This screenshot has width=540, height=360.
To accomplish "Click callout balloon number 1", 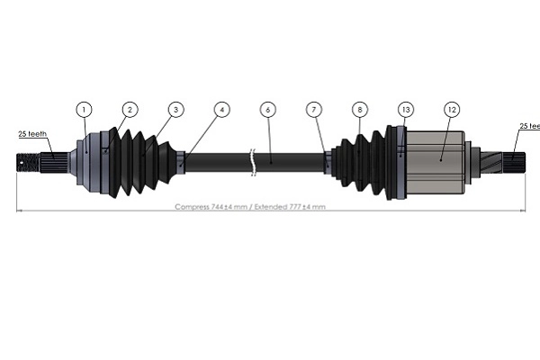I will pyautogui.click(x=84, y=110).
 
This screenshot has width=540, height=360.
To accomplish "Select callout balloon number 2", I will pyautogui.click(x=130, y=110).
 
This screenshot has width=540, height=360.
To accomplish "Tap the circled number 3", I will pyautogui.click(x=175, y=110).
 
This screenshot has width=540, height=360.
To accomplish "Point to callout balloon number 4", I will pyautogui.click(x=221, y=110).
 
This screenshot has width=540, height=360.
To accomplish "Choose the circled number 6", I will pyautogui.click(x=267, y=110).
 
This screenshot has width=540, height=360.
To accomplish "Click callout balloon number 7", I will pyautogui.click(x=313, y=110).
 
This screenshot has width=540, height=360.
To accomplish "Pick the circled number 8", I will pyautogui.click(x=359, y=110).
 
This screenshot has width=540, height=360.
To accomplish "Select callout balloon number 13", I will pyautogui.click(x=406, y=110).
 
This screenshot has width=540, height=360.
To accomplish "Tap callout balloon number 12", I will pyautogui.click(x=452, y=110).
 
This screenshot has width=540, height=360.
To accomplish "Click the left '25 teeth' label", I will pyautogui.click(x=34, y=135).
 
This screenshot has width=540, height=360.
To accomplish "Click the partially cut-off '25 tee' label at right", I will pyautogui.click(x=528, y=127).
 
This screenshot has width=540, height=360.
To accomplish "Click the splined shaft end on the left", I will pyautogui.click(x=31, y=164).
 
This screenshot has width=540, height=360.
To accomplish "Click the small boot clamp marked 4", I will pyautogui.click(x=184, y=163).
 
